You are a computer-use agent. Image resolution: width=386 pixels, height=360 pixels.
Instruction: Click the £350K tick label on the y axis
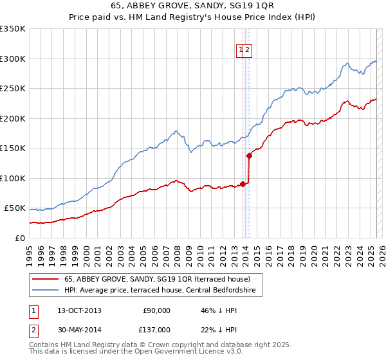[x=13, y=29]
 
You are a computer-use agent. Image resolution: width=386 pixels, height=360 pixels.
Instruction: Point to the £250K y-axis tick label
[x=13, y=89]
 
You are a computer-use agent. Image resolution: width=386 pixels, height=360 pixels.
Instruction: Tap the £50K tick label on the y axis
[x=15, y=208]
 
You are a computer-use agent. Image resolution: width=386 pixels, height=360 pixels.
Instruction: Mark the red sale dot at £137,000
[x=249, y=155]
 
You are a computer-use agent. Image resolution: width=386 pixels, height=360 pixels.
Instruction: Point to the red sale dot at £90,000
[x=243, y=184]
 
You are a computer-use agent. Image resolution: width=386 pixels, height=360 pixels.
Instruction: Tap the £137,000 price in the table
[x=156, y=329]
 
